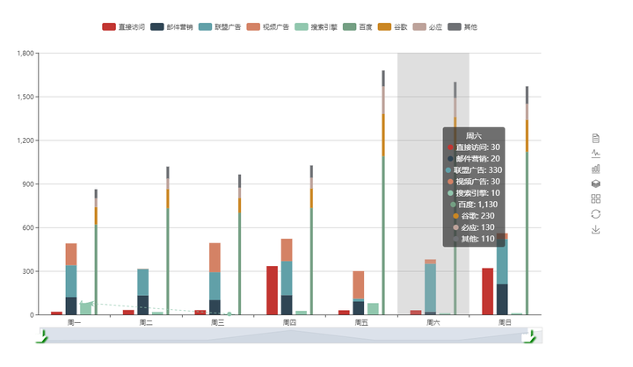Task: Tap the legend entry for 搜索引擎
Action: click(315, 27)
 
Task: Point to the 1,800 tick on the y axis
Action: click(24, 54)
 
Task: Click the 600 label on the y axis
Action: click(27, 227)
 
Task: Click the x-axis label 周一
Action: click(74, 323)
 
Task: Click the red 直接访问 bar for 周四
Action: click(273, 291)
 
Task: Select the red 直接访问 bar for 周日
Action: click(487, 291)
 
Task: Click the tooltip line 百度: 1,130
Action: click(474, 205)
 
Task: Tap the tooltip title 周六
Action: click(473, 136)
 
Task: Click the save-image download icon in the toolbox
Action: click(596, 229)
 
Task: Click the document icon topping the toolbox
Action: click(596, 138)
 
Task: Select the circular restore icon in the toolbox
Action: click(596, 213)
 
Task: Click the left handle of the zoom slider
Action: click(41, 336)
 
